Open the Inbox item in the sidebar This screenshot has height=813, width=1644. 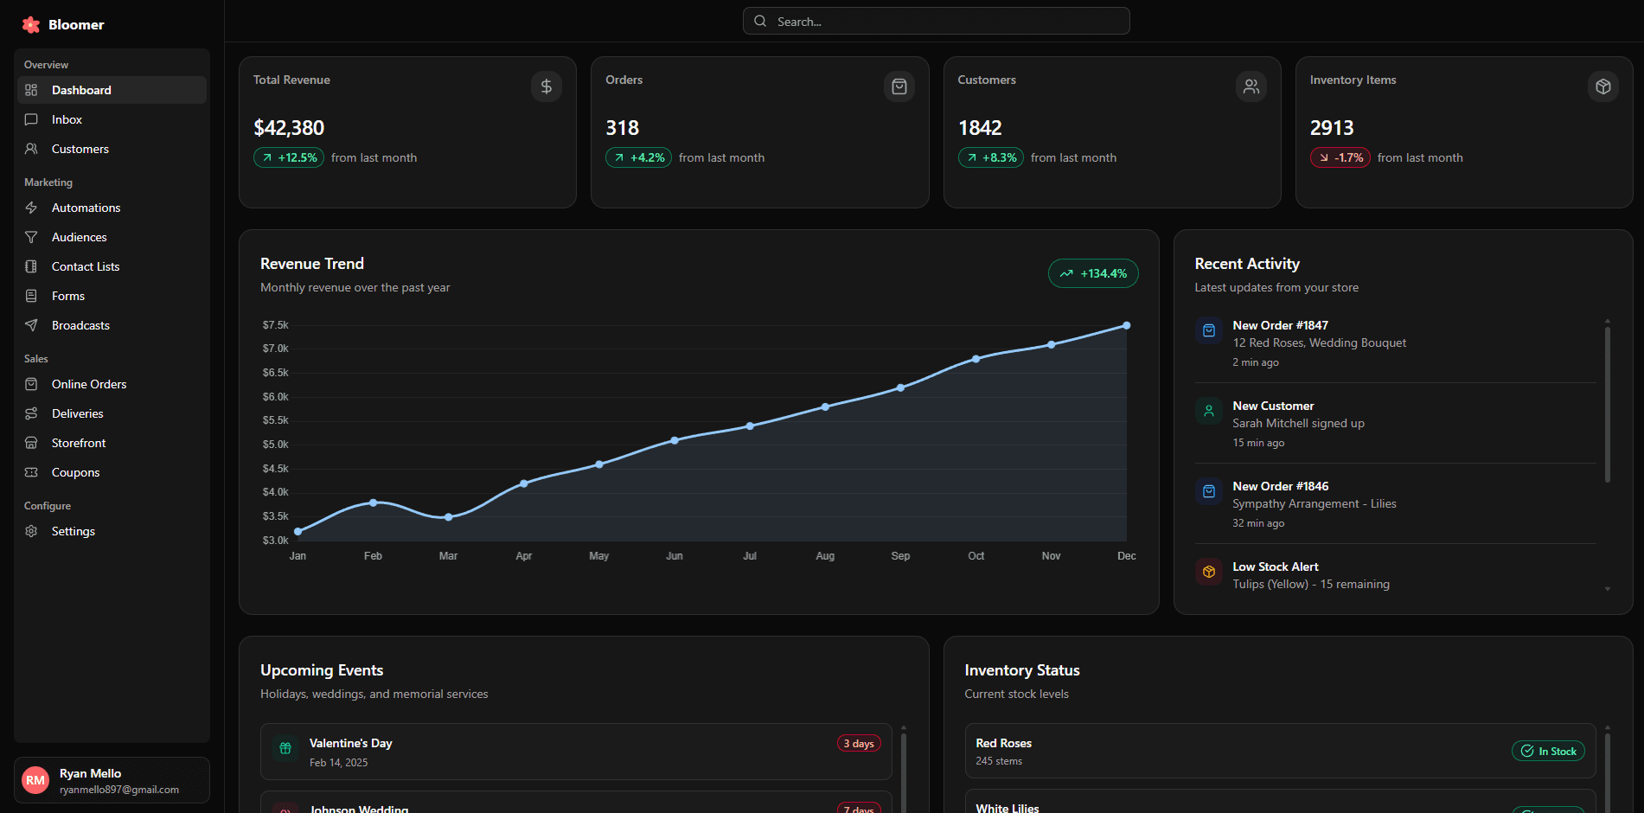67,119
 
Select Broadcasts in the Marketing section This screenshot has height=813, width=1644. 80,325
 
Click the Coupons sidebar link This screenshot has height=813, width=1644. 75,472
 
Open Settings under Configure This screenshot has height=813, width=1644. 73,531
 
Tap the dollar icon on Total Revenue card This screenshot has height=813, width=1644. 546,86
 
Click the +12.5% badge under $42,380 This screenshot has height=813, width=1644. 289,157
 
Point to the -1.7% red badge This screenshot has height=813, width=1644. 1340,157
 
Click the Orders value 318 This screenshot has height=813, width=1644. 622,128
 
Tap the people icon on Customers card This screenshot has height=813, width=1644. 1251,86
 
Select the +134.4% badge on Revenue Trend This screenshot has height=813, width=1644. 1093,273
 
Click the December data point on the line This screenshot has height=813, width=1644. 1126,326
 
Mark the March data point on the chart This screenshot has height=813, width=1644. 448,517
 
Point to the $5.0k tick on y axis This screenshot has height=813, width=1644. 275,445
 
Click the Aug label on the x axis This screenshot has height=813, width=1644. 825,556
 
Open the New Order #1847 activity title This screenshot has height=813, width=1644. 1280,325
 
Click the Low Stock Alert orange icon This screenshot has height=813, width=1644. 1209,572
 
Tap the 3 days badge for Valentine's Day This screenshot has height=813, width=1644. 859,744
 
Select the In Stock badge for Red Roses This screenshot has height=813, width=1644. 1548,752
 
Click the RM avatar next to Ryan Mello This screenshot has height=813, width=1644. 35,780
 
